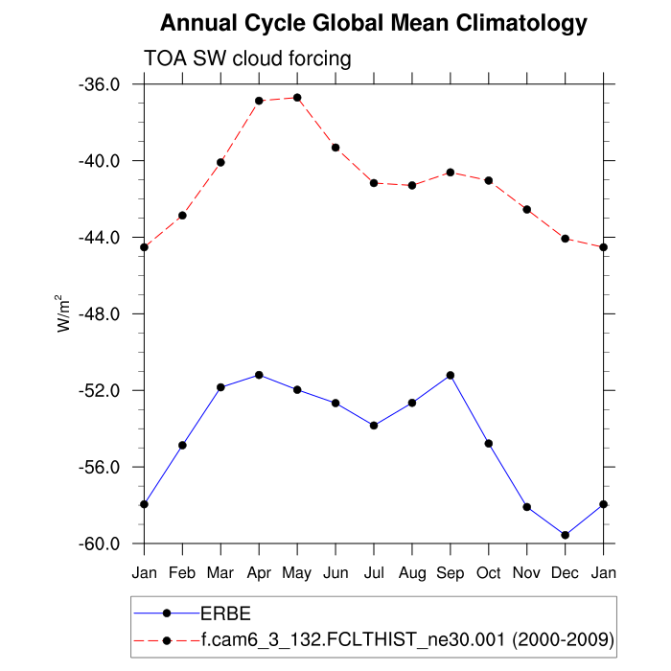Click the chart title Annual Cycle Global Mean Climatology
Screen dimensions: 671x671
click(x=374, y=22)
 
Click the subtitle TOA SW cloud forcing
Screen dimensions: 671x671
click(x=247, y=58)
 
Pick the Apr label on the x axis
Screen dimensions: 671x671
click(x=259, y=573)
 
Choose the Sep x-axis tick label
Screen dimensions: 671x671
click(x=451, y=573)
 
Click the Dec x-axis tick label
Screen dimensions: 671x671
click(x=566, y=573)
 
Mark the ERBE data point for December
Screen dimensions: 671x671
click(x=566, y=535)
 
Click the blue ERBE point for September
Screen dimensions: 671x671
click(x=451, y=375)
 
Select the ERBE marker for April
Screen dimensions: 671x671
click(x=259, y=375)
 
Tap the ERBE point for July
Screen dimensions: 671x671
click(x=374, y=426)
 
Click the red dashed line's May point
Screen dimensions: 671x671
click(x=297, y=98)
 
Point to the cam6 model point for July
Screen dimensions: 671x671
click(x=374, y=183)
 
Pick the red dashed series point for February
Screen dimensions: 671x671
click(x=182, y=216)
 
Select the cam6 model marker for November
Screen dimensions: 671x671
click(x=527, y=209)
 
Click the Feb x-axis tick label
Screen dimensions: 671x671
click(x=182, y=573)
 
